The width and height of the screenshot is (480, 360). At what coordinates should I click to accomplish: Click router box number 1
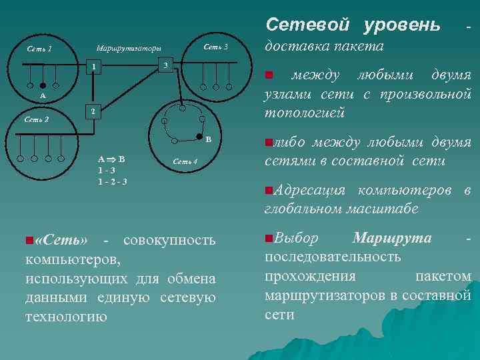tap(97, 67)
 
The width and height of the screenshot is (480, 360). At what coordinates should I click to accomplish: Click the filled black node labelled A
tap(43, 85)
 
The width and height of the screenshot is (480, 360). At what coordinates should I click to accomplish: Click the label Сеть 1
tap(39, 49)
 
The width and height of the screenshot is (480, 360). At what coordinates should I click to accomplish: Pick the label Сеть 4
tap(185, 161)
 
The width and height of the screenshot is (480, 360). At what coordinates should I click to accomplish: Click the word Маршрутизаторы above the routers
tap(129, 49)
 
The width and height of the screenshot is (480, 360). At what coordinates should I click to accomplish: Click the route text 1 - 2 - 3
tap(113, 181)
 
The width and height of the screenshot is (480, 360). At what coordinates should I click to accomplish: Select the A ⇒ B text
tap(111, 159)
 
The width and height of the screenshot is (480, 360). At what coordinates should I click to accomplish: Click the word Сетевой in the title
tap(307, 25)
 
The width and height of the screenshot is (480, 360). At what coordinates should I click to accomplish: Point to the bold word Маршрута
tap(392, 238)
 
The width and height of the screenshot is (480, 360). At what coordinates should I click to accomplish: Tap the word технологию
tap(66, 316)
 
